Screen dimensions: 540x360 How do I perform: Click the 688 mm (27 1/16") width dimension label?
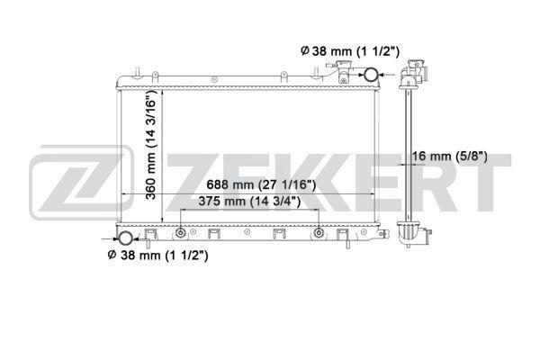[x=261, y=185]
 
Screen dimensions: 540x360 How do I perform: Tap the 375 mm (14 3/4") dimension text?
[x=249, y=202]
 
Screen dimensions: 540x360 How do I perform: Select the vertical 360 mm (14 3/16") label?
[x=151, y=145]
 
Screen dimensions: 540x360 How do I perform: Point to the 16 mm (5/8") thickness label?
[x=449, y=157]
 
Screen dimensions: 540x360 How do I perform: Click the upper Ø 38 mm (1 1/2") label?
[x=350, y=51]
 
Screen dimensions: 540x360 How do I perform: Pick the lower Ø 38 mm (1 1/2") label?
[x=158, y=256]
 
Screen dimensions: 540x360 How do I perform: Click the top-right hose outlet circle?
[x=371, y=75]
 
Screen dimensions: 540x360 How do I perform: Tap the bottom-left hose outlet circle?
[x=125, y=238]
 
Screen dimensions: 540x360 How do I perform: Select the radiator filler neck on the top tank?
[x=343, y=71]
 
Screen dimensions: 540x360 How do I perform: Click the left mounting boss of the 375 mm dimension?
[x=181, y=233]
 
